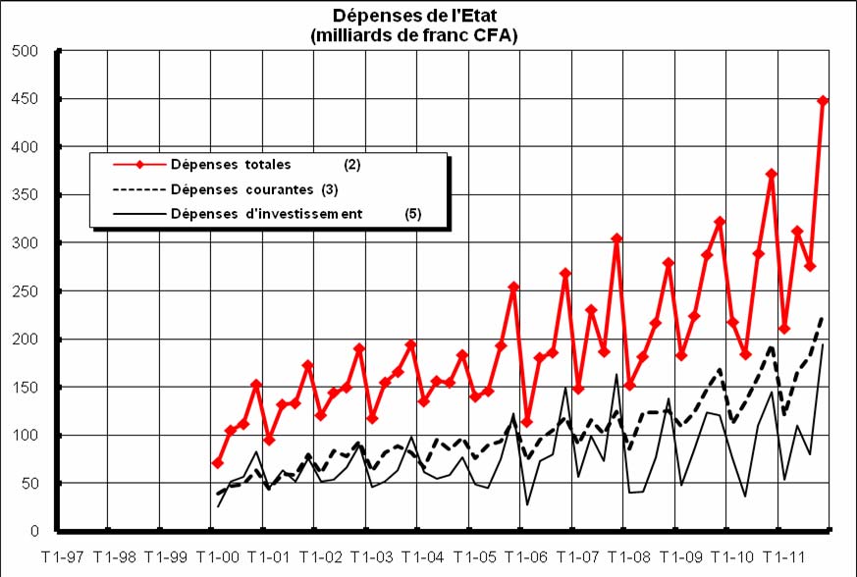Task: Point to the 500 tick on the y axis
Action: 24,51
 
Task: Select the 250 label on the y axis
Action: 24,291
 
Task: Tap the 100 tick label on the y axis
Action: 24,436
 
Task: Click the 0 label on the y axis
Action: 33,532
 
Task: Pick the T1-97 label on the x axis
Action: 63,556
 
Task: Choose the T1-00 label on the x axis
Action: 218,556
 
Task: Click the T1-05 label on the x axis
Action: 476,556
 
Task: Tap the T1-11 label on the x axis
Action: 785,556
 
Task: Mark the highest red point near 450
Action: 824,100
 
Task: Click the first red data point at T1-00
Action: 218,462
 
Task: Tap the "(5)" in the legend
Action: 413,213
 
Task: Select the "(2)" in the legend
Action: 352,164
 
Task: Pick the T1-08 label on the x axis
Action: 630,556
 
